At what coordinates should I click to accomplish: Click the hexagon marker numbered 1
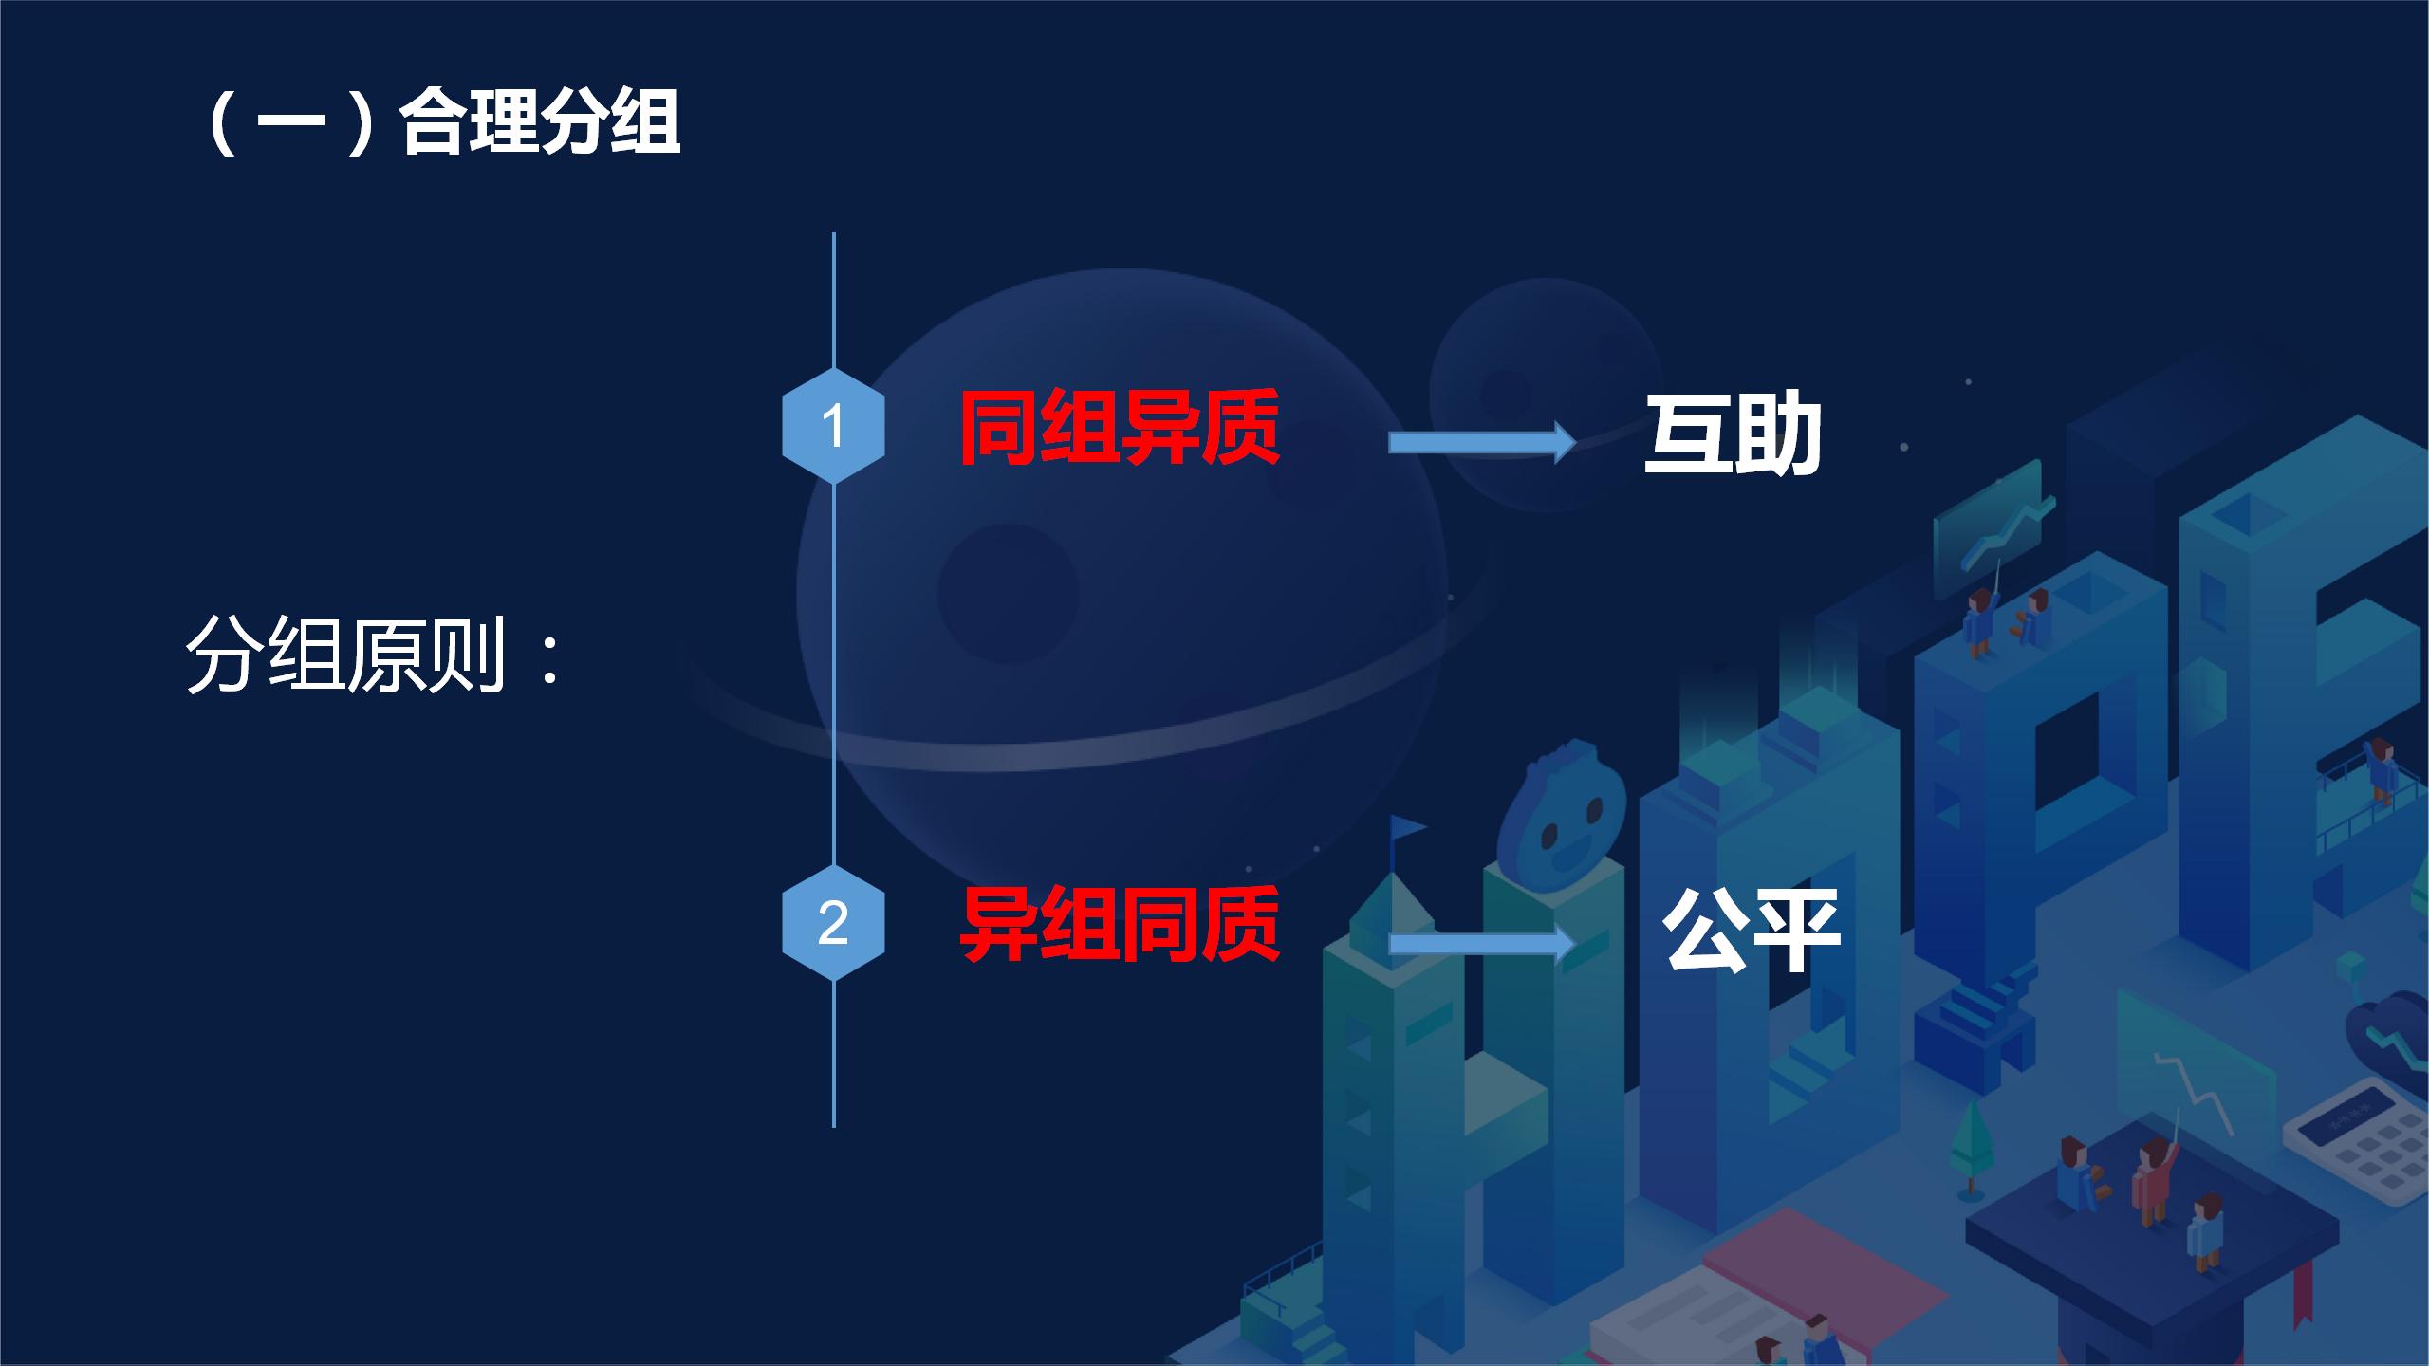pos(833,426)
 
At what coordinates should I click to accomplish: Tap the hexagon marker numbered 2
pos(833,922)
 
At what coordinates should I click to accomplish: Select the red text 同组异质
pos(1120,428)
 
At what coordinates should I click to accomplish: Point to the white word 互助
pos(1733,434)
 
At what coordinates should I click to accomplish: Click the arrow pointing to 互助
pos(1481,442)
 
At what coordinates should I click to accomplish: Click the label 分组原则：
pos(375,655)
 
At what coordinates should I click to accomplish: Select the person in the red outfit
pos(2149,1186)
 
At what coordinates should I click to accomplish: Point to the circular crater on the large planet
pos(1008,594)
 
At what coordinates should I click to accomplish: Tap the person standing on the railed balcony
pos(2382,773)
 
